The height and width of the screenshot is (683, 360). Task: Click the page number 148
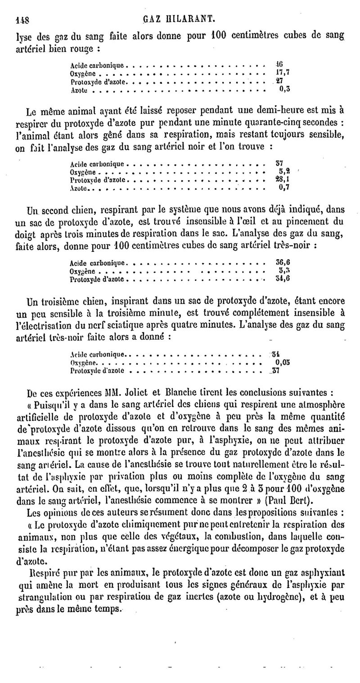point(22,19)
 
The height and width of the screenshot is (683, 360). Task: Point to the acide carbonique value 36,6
point(282,262)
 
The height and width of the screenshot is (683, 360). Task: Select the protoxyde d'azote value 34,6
point(282,279)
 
